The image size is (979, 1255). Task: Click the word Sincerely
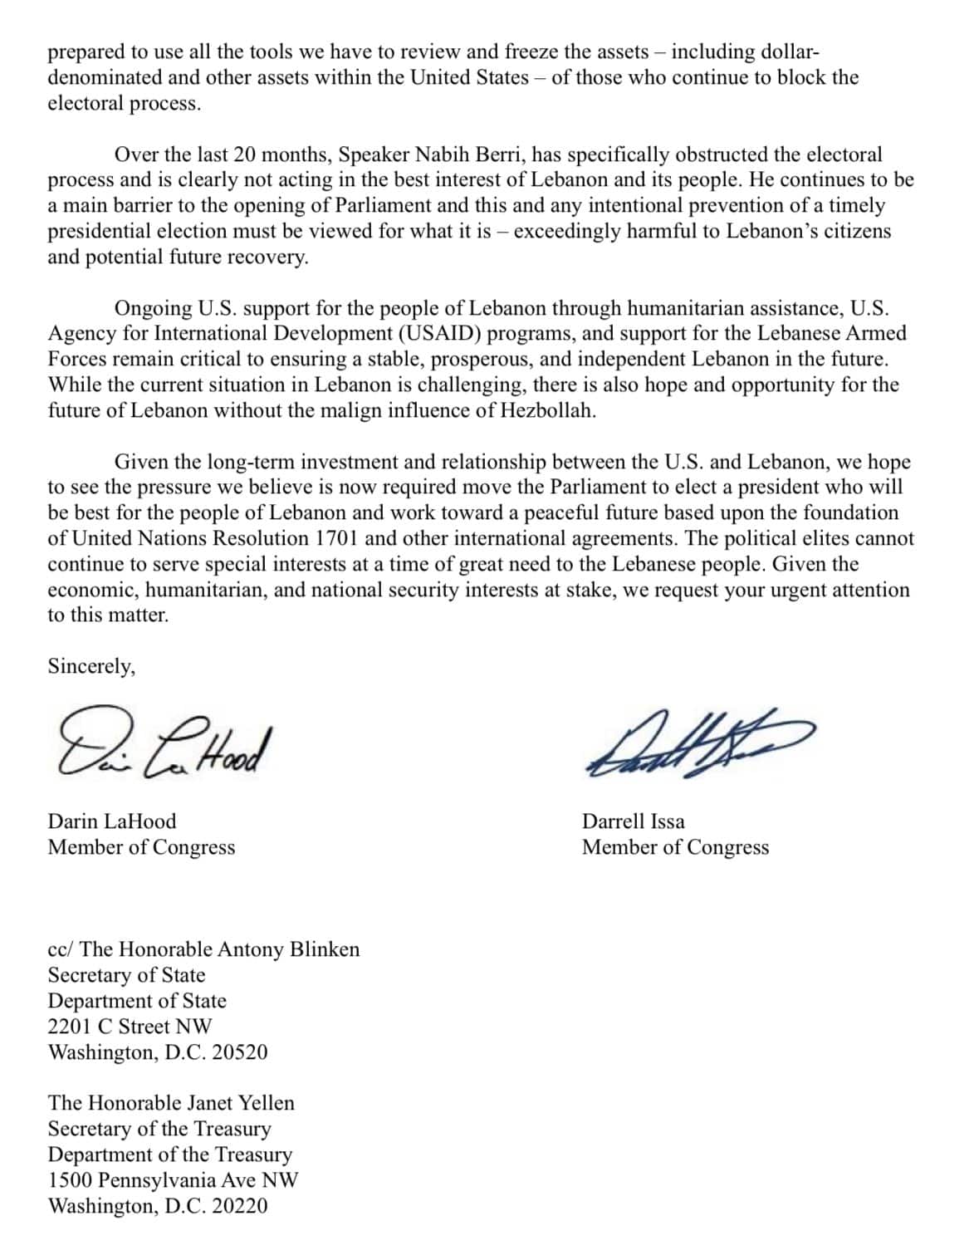point(91,667)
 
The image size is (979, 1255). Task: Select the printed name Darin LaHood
point(112,821)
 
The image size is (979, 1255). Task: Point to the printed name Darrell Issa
point(634,821)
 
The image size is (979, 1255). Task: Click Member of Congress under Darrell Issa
point(675,847)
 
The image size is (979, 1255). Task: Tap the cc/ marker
point(61,949)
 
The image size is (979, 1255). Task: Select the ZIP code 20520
point(240,1052)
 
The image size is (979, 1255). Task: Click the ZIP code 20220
point(240,1206)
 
